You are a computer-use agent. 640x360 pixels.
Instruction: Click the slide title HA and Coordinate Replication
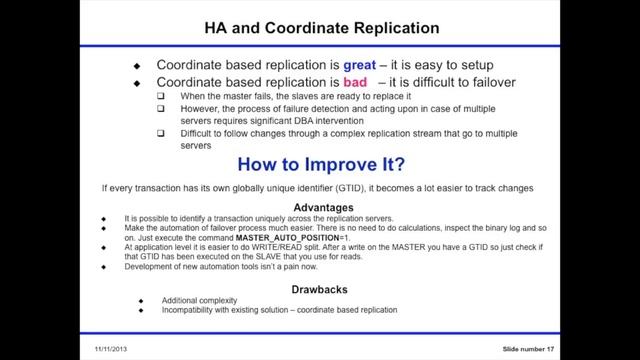(x=320, y=25)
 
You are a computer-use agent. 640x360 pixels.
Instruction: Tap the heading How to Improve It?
(x=320, y=165)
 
